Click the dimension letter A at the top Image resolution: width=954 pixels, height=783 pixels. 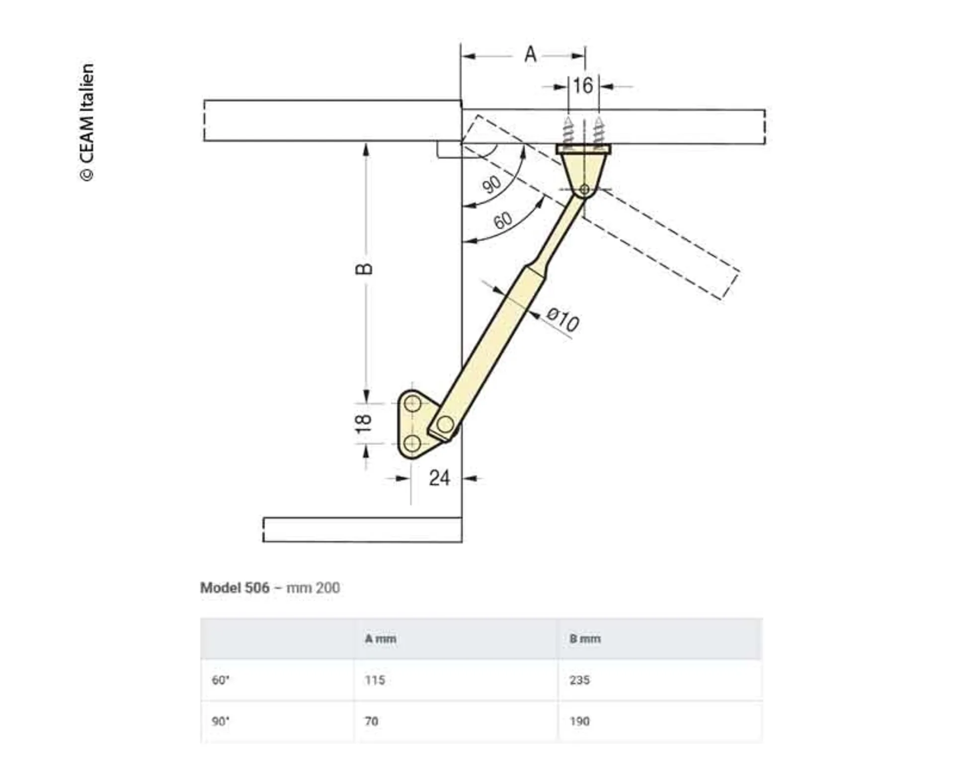click(x=530, y=54)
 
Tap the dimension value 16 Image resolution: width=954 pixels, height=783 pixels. click(x=583, y=86)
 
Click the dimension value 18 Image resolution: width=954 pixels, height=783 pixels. click(x=364, y=423)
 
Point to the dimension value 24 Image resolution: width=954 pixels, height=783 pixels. click(x=439, y=478)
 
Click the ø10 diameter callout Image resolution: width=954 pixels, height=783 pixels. click(x=562, y=319)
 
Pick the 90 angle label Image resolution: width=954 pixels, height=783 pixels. click(x=492, y=184)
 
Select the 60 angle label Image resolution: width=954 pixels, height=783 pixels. click(x=503, y=220)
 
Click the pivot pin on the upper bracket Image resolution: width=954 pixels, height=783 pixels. click(x=584, y=189)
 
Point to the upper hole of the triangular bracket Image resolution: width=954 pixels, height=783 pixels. click(x=412, y=404)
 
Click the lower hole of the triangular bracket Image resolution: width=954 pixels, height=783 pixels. click(x=412, y=443)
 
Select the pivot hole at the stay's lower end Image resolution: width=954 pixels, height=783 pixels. click(x=445, y=425)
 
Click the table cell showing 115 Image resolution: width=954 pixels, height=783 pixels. click(x=375, y=680)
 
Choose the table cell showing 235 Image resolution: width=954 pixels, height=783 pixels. click(x=579, y=680)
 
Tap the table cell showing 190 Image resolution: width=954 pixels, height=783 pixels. click(x=579, y=721)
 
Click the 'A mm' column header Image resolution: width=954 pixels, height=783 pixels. click(x=381, y=639)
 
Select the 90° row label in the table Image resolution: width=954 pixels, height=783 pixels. click(x=221, y=721)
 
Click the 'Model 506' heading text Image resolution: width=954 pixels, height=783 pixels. click(x=235, y=587)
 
